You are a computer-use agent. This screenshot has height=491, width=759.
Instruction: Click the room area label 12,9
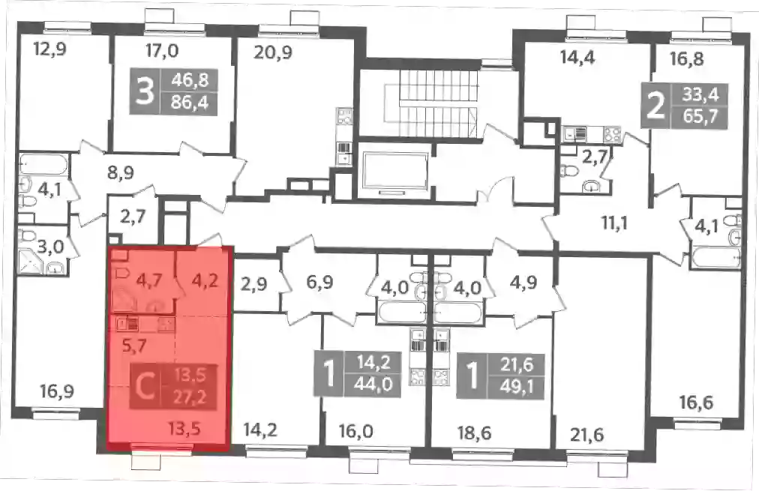click(49, 49)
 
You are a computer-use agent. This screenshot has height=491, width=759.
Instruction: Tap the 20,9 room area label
click(273, 51)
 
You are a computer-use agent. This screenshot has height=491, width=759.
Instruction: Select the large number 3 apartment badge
click(145, 91)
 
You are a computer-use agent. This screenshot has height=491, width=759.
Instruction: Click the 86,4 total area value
click(190, 103)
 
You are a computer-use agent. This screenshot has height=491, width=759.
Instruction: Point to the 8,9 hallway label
click(121, 172)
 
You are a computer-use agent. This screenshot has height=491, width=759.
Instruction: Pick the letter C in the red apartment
click(144, 387)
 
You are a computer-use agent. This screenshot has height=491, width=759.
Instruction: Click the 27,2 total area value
click(190, 397)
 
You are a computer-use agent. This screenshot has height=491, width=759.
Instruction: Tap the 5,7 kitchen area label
click(134, 346)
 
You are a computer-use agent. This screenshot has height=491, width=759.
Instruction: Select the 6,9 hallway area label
click(319, 281)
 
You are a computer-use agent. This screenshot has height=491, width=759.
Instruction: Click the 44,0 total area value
click(373, 385)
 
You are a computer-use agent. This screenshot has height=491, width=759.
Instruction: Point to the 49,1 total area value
click(517, 387)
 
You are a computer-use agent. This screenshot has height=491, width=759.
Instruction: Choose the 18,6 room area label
click(474, 433)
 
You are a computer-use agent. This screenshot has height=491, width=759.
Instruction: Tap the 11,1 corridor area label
click(614, 223)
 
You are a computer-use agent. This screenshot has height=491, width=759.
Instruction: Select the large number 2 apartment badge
click(656, 106)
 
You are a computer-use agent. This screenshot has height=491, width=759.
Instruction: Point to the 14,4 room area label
click(577, 58)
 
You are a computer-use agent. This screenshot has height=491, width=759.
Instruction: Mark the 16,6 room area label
click(696, 402)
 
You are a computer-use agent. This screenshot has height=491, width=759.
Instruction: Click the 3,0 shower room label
click(50, 247)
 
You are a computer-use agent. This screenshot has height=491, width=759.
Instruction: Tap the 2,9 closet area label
click(253, 283)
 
